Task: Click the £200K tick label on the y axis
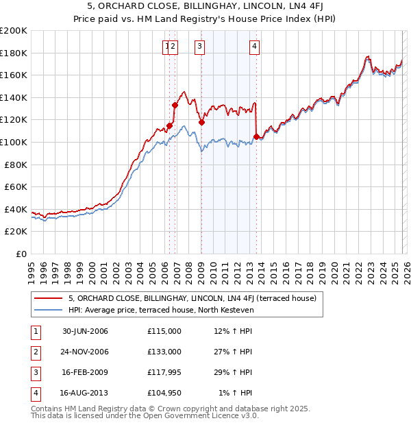pos(14,31)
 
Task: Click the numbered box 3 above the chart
pos(199,47)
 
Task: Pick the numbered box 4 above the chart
pos(254,47)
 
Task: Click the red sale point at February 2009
pos(201,123)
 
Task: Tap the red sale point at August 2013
pos(256,137)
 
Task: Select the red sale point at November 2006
pos(175,106)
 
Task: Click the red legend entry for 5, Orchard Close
pos(192,298)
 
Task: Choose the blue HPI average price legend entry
pos(161,310)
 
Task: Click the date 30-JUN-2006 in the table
pos(85,331)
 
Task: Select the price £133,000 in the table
pos(164,351)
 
